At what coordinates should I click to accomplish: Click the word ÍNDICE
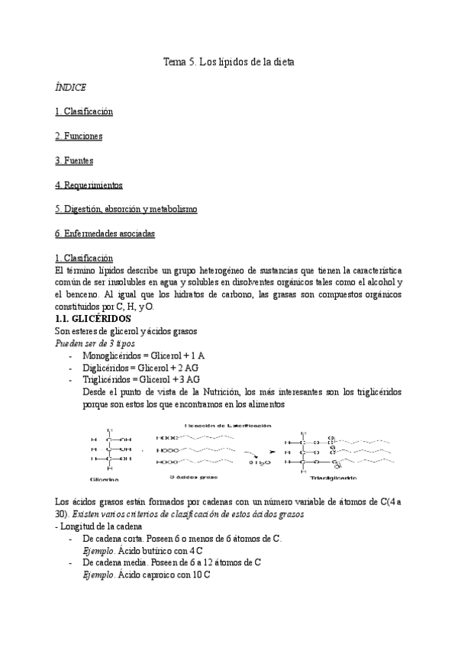pos(70,88)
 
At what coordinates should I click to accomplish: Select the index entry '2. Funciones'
pos(79,136)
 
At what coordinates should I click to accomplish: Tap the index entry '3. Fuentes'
pos(74,160)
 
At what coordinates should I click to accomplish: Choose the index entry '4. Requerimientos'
pos(89,185)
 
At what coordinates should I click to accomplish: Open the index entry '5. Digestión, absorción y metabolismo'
pos(126,208)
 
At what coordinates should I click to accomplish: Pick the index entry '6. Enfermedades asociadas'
pos(105,233)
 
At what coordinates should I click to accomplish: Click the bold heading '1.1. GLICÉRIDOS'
pos(94,317)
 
